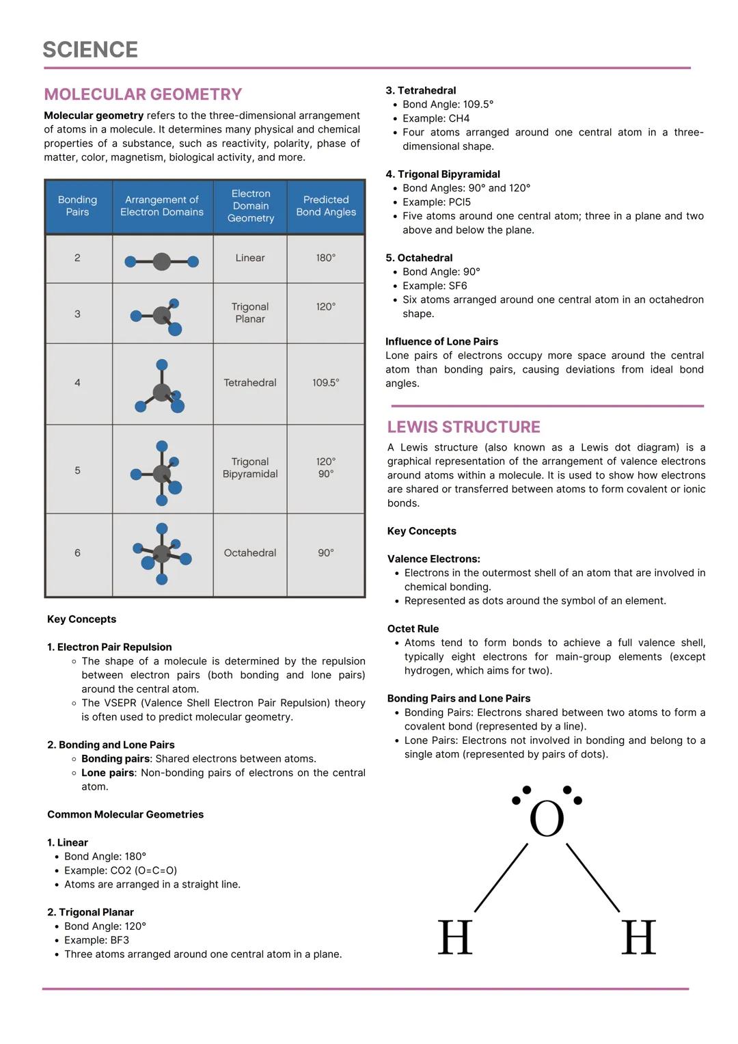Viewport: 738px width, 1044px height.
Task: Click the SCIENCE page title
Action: (x=90, y=50)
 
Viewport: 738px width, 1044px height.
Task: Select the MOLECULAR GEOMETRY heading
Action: (x=143, y=94)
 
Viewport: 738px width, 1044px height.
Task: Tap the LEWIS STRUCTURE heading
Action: (x=463, y=427)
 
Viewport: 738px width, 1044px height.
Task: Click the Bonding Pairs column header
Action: (x=77, y=206)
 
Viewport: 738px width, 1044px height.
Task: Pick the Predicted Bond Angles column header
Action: (x=326, y=206)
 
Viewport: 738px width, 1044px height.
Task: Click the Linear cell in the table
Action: (x=250, y=258)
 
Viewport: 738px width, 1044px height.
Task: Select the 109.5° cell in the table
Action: (x=326, y=383)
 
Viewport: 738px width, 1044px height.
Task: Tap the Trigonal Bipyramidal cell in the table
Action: (x=250, y=468)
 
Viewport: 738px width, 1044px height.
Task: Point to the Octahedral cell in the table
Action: (x=250, y=552)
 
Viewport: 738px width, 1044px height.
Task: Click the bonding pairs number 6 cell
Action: (x=77, y=552)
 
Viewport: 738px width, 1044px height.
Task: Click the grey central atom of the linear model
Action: (x=161, y=261)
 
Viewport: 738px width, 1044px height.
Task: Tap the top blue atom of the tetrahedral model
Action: (x=162, y=365)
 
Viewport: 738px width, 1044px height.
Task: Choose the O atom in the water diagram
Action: (x=547, y=819)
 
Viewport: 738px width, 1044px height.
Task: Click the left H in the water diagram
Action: (x=455, y=937)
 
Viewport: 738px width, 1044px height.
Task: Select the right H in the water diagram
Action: (x=638, y=937)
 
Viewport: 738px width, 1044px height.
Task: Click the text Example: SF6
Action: (x=435, y=286)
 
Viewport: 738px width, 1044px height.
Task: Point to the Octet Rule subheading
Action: (x=413, y=629)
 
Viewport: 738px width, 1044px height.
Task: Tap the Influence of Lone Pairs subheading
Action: (x=441, y=342)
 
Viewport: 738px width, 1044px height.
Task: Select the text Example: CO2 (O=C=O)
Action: (x=120, y=870)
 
